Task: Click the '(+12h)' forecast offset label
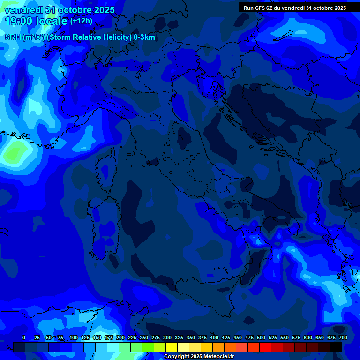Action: (x=81, y=21)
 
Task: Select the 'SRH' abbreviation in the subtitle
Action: (x=13, y=37)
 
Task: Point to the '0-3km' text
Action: (x=144, y=37)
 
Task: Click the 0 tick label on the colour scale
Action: (x=24, y=337)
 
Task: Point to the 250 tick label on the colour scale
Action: (x=143, y=337)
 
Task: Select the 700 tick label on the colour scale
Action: (x=343, y=337)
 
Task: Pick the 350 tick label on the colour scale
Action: (x=190, y=337)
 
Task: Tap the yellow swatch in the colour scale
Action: (x=172, y=347)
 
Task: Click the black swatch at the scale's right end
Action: (x=336, y=347)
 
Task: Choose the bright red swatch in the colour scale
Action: (x=265, y=347)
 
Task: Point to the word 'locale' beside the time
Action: (x=49, y=21)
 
